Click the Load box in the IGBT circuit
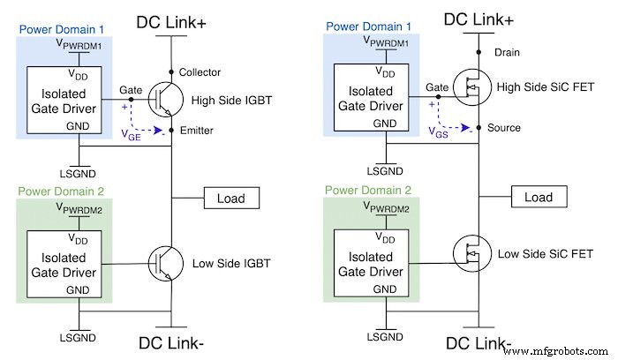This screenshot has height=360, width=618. click(231, 199)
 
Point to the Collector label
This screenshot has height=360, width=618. click(200, 72)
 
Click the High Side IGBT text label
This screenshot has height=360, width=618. click(230, 98)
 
